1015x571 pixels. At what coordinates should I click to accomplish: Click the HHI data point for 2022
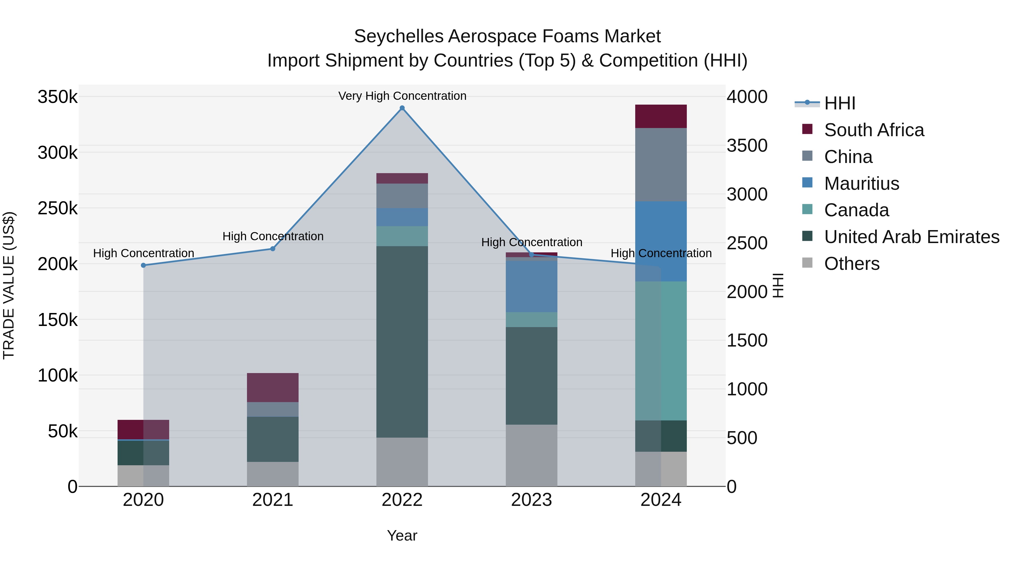point(402,108)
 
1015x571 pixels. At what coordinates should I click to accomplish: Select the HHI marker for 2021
point(273,249)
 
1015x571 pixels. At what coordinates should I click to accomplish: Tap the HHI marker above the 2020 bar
point(144,265)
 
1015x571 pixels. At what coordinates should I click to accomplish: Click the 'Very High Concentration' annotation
point(402,96)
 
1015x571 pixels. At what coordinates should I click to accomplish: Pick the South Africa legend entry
point(873,130)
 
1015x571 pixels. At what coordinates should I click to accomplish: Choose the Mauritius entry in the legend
point(861,184)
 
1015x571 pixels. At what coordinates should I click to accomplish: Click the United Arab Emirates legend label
point(911,237)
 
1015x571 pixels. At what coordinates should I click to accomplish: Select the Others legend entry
point(851,264)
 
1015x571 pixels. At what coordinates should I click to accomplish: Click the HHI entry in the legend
point(839,103)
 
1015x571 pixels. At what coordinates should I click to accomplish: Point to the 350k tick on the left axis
point(58,97)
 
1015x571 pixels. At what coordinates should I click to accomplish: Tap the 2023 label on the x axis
point(531,500)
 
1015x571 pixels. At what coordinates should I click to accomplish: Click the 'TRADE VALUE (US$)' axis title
point(9,285)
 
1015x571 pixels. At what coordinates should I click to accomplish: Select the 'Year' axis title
point(402,535)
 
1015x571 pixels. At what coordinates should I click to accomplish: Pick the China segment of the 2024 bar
point(661,165)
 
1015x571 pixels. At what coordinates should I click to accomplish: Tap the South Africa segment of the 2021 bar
point(273,387)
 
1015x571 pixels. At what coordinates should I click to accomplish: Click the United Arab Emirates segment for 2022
point(402,342)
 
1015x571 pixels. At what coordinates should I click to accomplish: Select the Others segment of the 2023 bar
point(531,455)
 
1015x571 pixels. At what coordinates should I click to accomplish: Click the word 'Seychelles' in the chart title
point(398,36)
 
